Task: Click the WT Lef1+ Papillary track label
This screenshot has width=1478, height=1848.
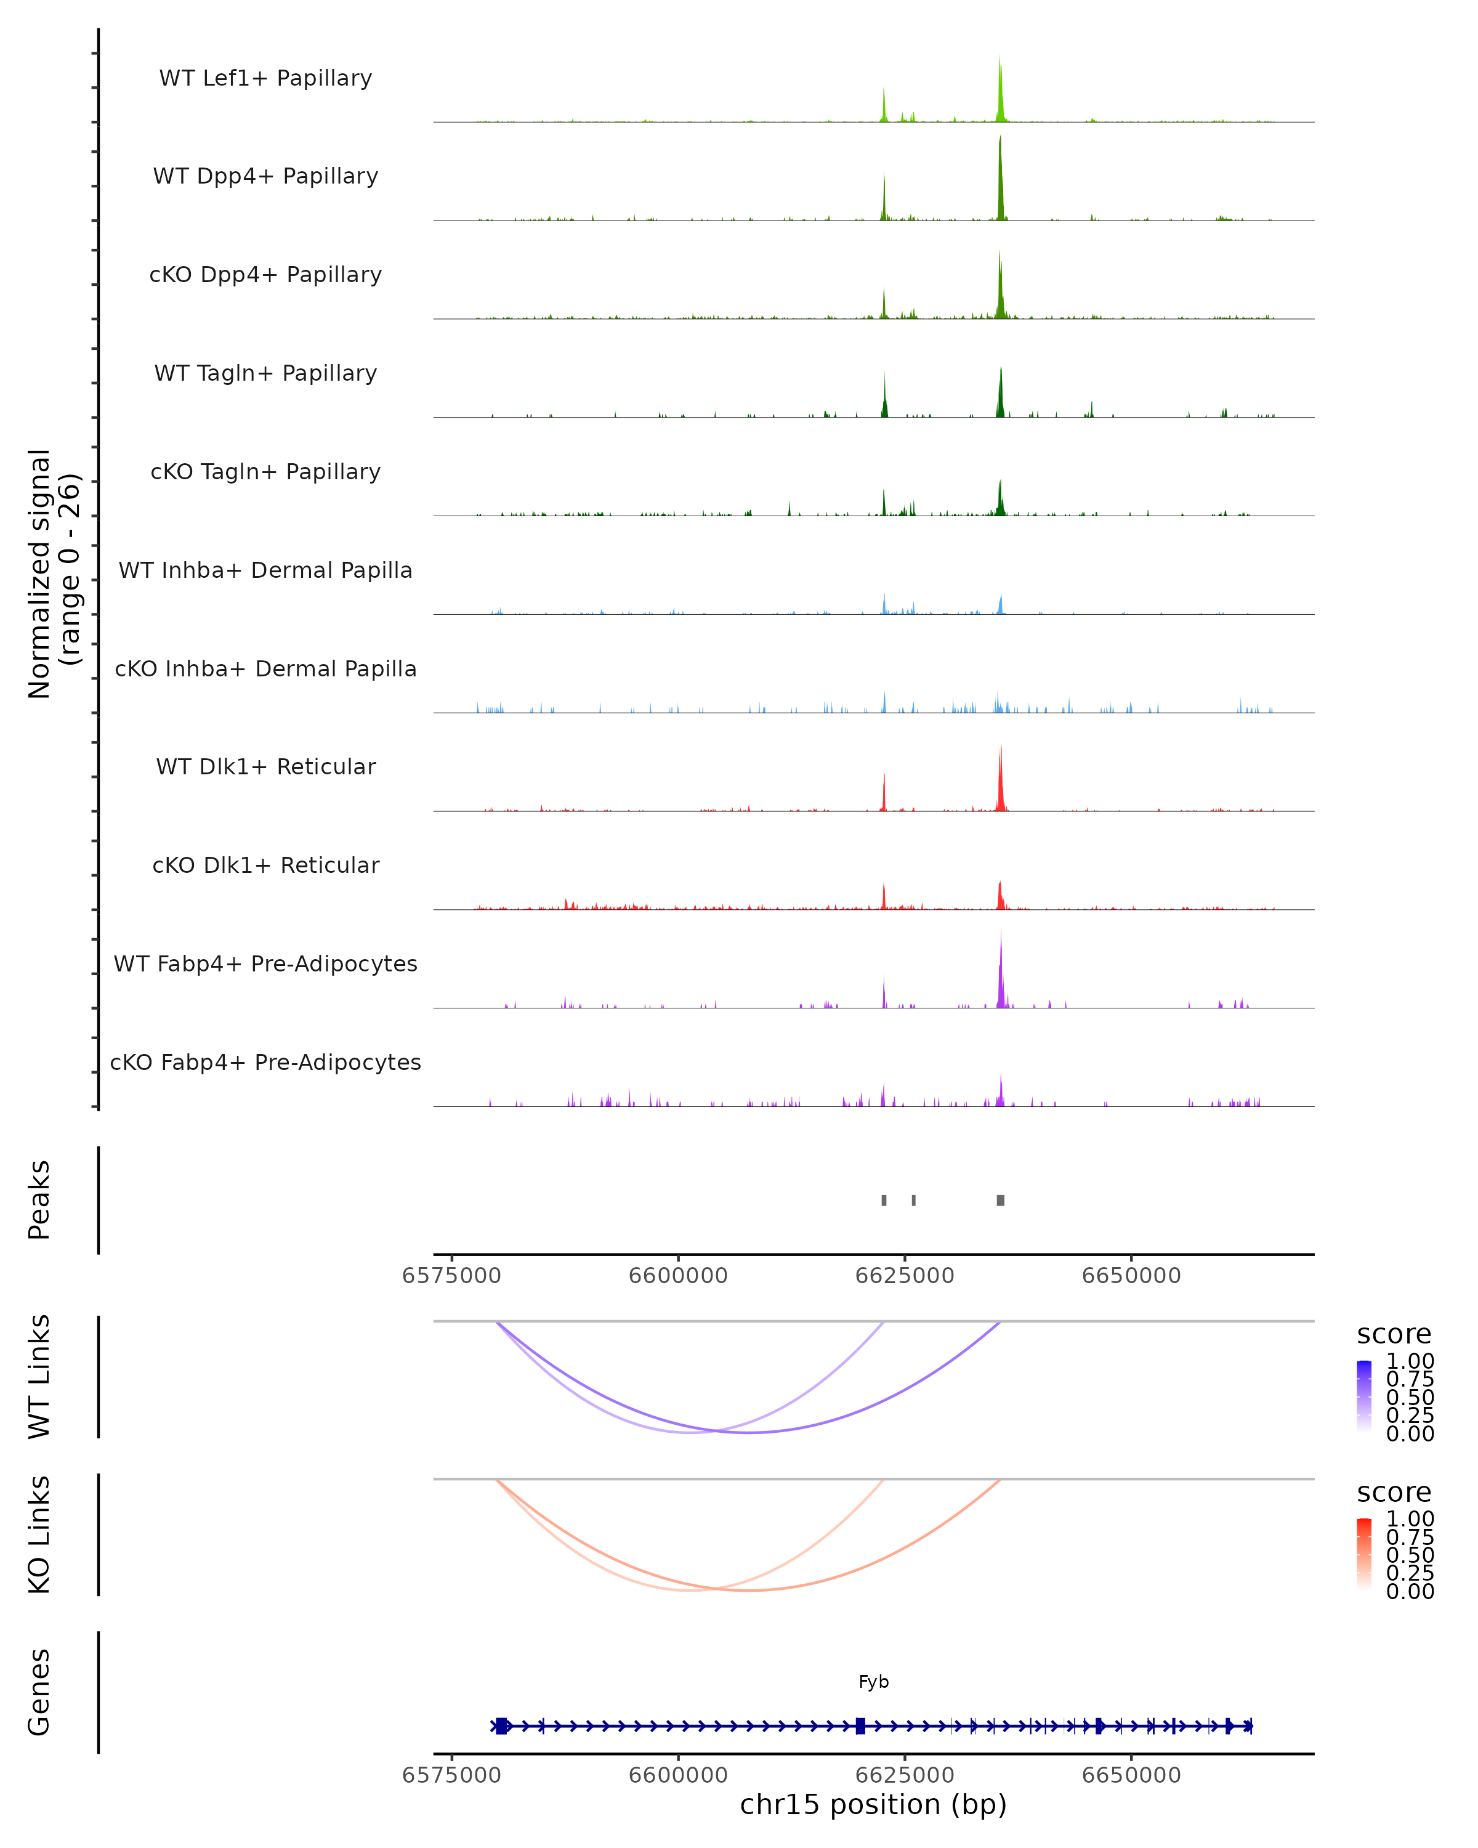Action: [265, 78]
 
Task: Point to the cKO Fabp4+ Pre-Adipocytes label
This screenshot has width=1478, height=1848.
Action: [265, 1062]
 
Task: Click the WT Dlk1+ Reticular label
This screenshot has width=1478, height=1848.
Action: [265, 766]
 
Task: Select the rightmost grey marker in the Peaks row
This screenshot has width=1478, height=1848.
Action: [1001, 1200]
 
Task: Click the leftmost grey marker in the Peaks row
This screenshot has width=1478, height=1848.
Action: [884, 1200]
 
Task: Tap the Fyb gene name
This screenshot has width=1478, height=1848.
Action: [873, 1682]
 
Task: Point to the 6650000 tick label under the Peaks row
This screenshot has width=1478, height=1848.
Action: [1131, 1276]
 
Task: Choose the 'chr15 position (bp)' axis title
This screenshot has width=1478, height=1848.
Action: [873, 1804]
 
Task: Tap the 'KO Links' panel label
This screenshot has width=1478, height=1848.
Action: [39, 1534]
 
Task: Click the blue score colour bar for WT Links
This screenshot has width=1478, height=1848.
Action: [1364, 1395]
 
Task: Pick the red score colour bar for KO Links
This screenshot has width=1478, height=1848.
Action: [1364, 1553]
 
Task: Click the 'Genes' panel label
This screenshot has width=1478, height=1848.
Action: [39, 1692]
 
